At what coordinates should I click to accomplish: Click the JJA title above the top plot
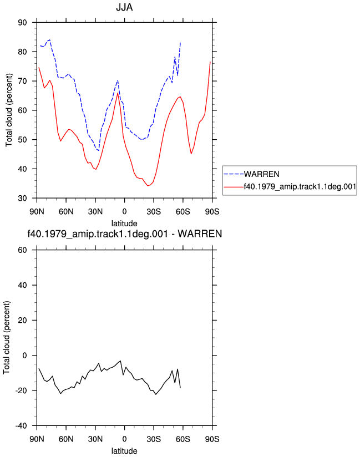click(x=124, y=7)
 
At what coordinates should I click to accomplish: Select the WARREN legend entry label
click(x=261, y=174)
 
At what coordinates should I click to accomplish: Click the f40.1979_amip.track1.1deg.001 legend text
click(x=300, y=186)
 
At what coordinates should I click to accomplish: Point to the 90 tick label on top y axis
click(x=22, y=22)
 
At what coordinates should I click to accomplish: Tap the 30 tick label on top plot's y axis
click(x=22, y=198)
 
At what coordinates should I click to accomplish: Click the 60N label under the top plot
click(x=66, y=212)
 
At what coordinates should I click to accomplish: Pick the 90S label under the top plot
click(x=212, y=212)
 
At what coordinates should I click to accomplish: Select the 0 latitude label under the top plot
click(x=124, y=212)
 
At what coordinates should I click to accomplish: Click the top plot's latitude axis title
click(x=124, y=224)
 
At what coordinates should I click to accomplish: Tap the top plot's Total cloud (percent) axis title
click(x=9, y=110)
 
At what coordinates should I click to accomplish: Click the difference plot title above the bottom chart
click(x=124, y=233)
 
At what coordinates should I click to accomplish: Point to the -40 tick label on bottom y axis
click(x=21, y=426)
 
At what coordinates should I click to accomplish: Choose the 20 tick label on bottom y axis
click(x=22, y=321)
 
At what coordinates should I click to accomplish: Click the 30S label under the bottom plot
click(x=154, y=439)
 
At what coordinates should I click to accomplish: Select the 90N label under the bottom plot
click(x=37, y=439)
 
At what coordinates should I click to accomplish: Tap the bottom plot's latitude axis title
click(x=124, y=451)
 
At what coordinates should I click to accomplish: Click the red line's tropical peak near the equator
click(x=118, y=93)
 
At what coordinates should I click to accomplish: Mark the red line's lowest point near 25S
click(x=148, y=186)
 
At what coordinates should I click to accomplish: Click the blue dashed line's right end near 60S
click(x=180, y=43)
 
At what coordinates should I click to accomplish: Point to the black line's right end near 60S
click(x=180, y=388)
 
